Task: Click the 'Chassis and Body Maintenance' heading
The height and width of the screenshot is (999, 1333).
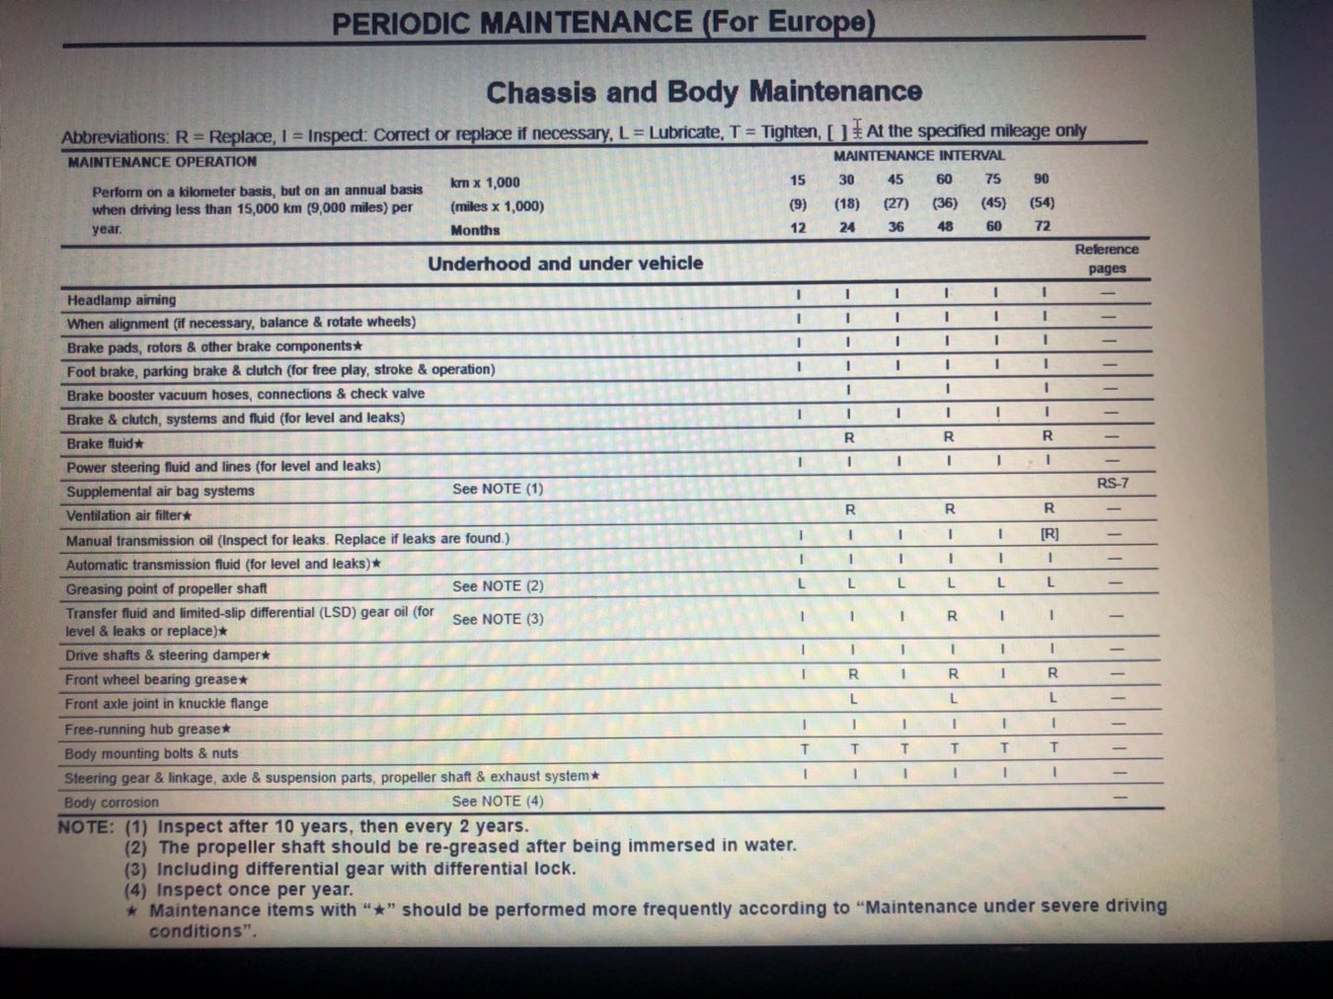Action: point(703,92)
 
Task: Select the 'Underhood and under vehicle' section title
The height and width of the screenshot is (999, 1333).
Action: point(565,264)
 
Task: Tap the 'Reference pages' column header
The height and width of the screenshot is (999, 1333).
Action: point(1106,259)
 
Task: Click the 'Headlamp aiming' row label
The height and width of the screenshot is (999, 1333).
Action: point(121,300)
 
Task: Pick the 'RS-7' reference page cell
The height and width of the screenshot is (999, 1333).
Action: point(1112,484)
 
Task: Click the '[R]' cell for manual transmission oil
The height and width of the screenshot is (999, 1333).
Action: point(1049,534)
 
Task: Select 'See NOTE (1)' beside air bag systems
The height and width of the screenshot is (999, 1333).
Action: point(498,489)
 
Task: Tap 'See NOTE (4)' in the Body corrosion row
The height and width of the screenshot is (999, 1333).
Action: point(498,802)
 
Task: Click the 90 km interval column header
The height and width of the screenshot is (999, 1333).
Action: point(1041,179)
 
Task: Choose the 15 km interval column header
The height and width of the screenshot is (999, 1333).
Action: point(797,180)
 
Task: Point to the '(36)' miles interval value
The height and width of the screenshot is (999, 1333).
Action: point(944,203)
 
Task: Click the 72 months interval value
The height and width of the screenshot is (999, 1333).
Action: point(1043,226)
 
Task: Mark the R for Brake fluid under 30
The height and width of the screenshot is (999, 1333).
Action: point(849,436)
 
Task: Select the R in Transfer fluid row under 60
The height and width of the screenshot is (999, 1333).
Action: point(952,616)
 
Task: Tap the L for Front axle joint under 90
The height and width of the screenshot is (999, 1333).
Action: point(1053,698)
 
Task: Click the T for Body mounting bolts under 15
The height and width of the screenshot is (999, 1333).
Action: point(805,749)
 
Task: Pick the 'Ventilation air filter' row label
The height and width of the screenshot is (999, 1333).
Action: point(128,515)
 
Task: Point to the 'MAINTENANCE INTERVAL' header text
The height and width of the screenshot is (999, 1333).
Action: point(918,156)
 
